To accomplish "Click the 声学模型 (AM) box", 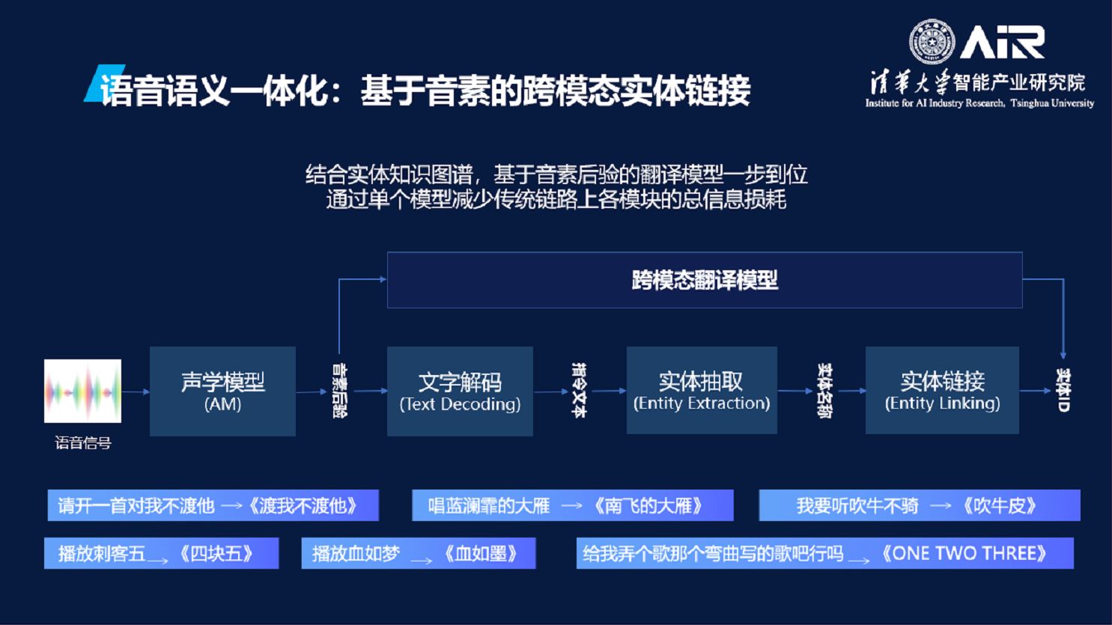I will coord(222,391).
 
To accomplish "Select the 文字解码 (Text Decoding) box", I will coord(460,391).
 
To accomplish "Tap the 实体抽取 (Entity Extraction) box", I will coord(702,390).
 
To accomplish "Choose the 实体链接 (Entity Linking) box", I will coord(942,390).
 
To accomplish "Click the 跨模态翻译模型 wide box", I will coord(704,280).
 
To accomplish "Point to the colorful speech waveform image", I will coord(82,391).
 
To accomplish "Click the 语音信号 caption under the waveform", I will coord(83,443).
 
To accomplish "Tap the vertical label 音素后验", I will coord(339,391).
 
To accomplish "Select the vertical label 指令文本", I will coord(579,390).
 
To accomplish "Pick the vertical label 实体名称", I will coord(824,391).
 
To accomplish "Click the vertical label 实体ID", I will coord(1063,390).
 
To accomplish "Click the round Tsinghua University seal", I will coord(932,41).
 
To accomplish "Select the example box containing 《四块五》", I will coord(161,553).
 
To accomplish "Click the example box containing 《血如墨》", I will coord(418,553).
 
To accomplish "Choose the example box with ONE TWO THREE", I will coord(824,553).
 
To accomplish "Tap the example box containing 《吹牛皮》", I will coord(919,505).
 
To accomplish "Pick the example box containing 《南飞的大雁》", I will coord(572,505).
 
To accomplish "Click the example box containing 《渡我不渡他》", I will coord(213,505).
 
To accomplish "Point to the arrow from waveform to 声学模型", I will coord(136,391).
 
